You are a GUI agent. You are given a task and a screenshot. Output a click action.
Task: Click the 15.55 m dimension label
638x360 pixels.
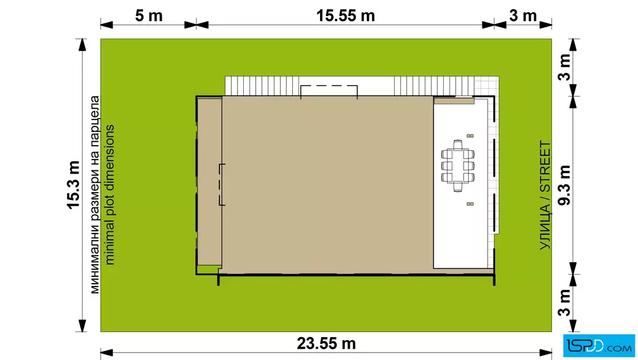click(x=345, y=16)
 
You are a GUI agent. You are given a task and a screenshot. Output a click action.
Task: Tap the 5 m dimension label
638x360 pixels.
click(x=149, y=16)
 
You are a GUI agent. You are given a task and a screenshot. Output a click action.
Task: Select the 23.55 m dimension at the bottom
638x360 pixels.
click(x=326, y=343)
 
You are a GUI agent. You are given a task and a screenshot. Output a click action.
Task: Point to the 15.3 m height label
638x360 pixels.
click(x=73, y=185)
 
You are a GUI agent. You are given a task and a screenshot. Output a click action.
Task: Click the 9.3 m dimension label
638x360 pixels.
click(x=565, y=185)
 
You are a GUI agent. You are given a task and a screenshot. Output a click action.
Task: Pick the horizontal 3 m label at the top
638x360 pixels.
click(x=523, y=16)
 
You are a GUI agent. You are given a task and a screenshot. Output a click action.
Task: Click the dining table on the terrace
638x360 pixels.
click(x=458, y=166)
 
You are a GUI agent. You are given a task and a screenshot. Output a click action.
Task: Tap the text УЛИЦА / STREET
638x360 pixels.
click(x=545, y=195)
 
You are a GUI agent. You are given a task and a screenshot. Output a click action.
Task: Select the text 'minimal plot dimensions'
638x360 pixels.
click(x=109, y=195)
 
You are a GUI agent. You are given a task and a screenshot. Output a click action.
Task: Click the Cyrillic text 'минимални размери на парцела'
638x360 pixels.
click(x=95, y=195)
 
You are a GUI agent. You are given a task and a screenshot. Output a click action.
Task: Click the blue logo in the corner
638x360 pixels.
click(x=599, y=346)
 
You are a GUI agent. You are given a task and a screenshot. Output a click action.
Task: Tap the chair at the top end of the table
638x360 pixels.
click(x=458, y=145)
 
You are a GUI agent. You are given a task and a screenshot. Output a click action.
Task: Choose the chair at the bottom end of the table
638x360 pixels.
click(x=458, y=187)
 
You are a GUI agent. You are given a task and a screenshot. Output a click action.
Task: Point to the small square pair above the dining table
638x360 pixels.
click(x=470, y=136)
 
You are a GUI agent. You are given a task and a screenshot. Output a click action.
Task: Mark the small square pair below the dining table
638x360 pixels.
click(x=470, y=204)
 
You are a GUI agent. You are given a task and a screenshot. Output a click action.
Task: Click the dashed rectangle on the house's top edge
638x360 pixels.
click(x=329, y=92)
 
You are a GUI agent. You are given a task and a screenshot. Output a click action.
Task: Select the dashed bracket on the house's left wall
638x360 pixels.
click(x=222, y=185)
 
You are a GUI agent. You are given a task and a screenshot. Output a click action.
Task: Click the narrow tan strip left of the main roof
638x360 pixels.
click(x=210, y=181)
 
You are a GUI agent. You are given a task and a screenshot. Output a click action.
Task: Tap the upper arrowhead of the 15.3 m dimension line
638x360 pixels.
click(x=83, y=45)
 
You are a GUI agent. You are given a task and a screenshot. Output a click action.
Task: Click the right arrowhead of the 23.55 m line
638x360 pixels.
click(x=546, y=353)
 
